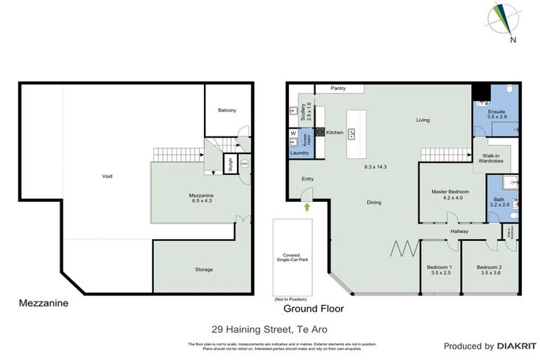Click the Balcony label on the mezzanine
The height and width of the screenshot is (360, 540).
tap(226, 110)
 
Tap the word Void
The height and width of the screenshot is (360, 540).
tap(107, 176)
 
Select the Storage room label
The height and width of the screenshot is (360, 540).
tap(204, 269)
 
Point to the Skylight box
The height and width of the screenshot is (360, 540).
tap(229, 165)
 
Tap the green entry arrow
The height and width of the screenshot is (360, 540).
tap(307, 207)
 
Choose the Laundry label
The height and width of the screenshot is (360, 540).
tap(300, 153)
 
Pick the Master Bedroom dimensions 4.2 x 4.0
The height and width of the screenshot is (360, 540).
tap(450, 199)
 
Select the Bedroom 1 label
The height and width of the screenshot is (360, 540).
tap(439, 267)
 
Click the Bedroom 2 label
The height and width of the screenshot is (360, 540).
tap(489, 267)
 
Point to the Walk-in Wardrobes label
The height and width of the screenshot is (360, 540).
tap(491, 161)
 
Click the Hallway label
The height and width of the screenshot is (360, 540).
tap(461, 231)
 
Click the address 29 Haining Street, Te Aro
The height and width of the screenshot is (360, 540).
tap(270, 328)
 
